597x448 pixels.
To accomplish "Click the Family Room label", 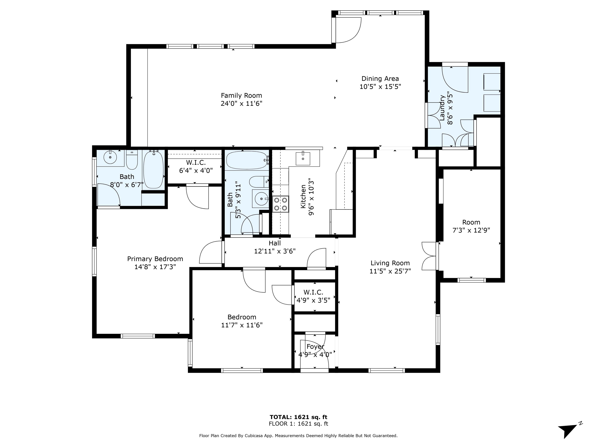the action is [x=241, y=96].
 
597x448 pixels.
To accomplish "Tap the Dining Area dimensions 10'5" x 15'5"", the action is [x=380, y=87].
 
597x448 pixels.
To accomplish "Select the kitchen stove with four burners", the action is [x=280, y=204].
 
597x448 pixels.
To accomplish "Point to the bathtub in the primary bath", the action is [x=153, y=170].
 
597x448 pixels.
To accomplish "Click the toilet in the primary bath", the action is [x=132, y=160].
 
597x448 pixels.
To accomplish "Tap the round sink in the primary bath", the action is [x=110, y=157].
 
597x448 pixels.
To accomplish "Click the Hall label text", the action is [x=275, y=243].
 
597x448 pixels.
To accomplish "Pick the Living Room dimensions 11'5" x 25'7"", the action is [x=390, y=271].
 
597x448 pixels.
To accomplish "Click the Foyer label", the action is [x=315, y=346].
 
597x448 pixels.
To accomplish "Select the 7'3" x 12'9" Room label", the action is [x=471, y=226].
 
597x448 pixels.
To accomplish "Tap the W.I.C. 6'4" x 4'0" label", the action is [x=196, y=167].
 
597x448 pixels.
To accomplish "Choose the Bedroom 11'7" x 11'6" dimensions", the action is [x=242, y=325].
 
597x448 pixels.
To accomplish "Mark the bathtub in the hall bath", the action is [x=247, y=160].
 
